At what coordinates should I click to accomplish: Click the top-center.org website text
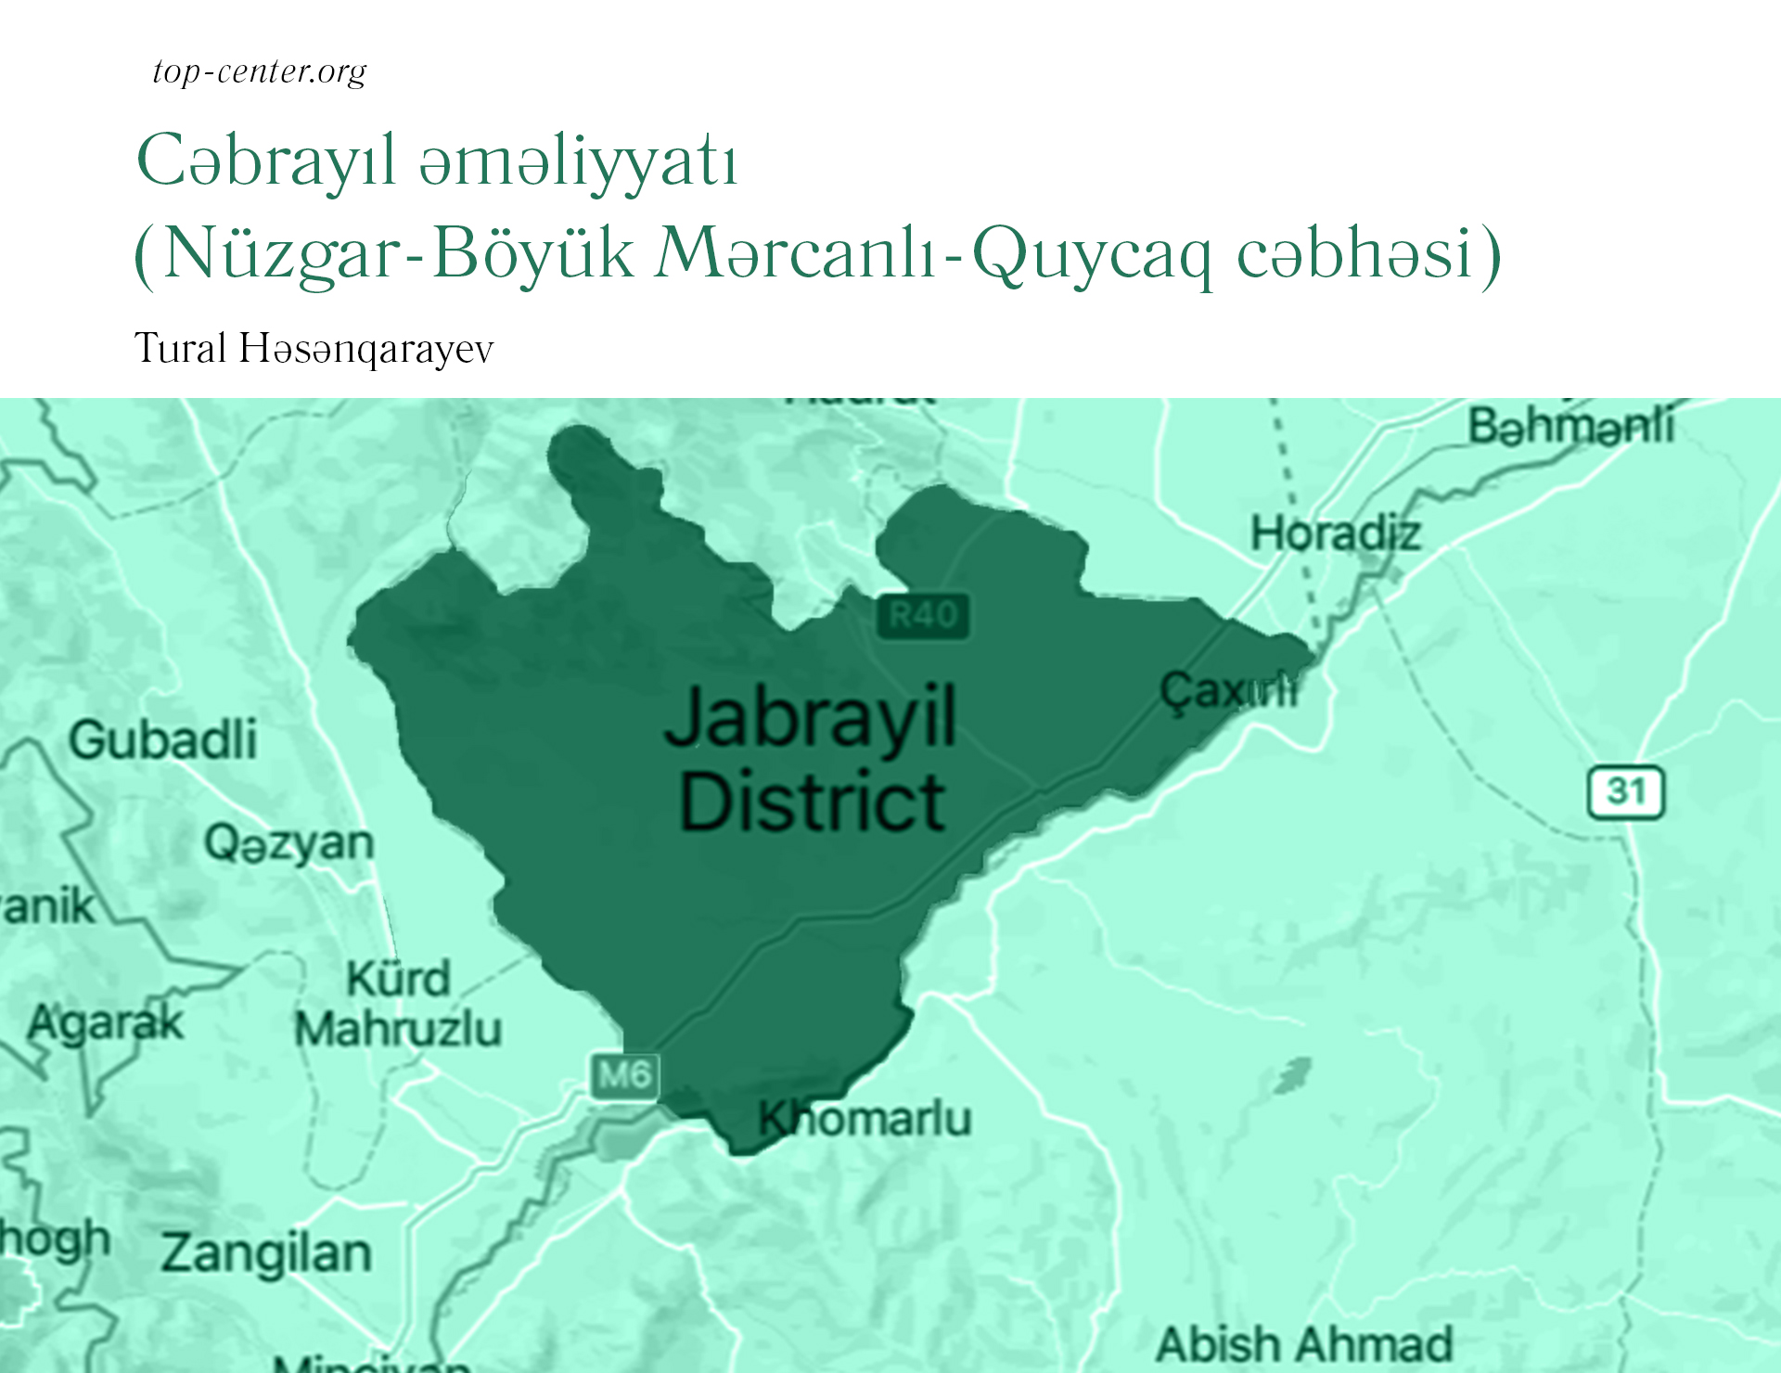point(260,71)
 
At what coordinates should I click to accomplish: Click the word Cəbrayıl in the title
point(266,161)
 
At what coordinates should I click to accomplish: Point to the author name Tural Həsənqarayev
point(314,349)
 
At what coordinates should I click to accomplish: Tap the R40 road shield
point(922,615)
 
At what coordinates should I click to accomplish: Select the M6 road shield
point(624,1075)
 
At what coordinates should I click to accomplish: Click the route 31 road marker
point(1625,792)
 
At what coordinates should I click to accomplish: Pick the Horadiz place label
point(1335,534)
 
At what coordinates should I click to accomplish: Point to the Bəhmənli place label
point(1570,427)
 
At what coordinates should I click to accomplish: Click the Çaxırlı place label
point(1228,691)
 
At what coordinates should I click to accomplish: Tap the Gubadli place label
point(163,739)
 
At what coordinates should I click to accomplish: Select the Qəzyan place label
point(288,843)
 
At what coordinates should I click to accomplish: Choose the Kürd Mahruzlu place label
point(398,1004)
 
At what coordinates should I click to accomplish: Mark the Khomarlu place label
point(865,1119)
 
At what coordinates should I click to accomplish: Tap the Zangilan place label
point(266,1252)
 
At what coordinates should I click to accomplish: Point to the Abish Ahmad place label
point(1303,1344)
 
